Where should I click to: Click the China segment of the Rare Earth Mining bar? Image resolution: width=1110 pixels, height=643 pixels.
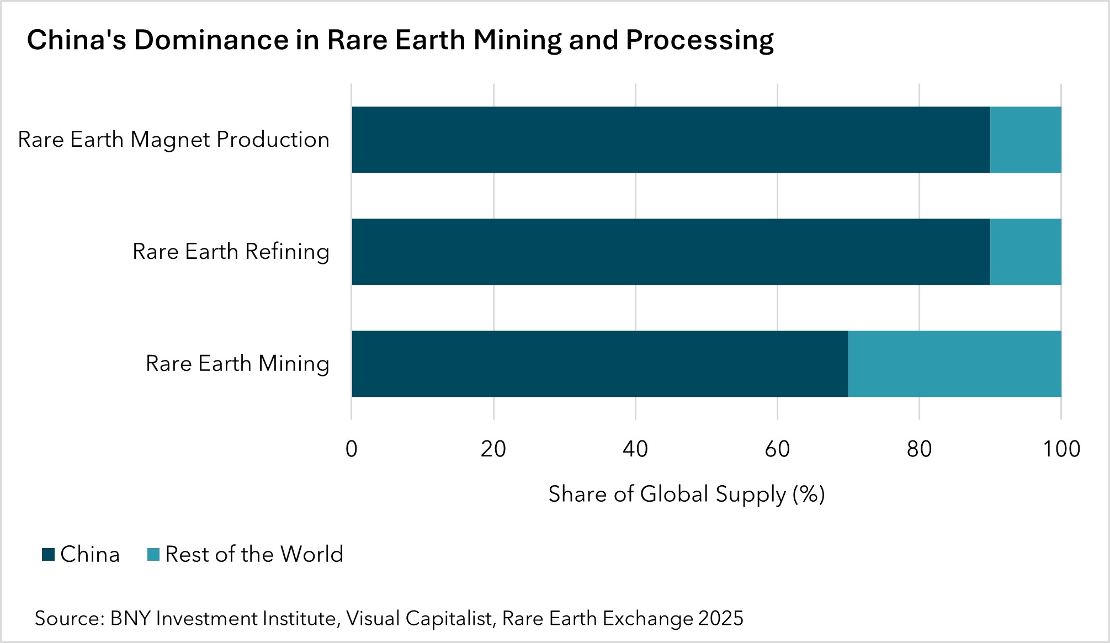click(599, 364)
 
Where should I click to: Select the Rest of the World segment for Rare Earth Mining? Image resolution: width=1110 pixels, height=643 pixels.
click(954, 364)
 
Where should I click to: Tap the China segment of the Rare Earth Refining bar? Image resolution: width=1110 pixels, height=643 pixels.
click(671, 252)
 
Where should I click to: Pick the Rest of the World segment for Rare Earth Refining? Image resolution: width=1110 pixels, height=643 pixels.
click(1025, 252)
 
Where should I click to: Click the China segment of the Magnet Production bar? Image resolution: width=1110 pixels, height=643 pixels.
click(671, 140)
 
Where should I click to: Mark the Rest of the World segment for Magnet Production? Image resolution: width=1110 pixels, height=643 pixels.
click(1025, 140)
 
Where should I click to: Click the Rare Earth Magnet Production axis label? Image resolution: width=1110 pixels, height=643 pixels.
click(173, 140)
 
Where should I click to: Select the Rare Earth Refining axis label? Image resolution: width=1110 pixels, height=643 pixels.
click(231, 252)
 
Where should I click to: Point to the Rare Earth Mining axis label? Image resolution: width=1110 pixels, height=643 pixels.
click(237, 364)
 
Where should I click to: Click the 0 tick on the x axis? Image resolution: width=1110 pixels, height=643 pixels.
click(352, 449)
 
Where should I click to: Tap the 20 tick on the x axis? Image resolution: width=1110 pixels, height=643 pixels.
click(493, 449)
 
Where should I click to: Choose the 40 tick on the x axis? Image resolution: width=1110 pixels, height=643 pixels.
click(635, 449)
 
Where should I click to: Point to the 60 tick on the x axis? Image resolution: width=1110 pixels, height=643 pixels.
click(777, 449)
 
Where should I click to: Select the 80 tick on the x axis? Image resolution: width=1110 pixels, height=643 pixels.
click(919, 449)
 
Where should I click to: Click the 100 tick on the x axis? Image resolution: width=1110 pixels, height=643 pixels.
click(1061, 449)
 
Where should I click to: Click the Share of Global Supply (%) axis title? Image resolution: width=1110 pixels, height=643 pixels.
click(686, 494)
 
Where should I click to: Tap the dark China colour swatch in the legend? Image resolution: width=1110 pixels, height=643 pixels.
click(49, 554)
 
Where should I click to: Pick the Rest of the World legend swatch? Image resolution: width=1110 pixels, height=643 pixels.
click(153, 554)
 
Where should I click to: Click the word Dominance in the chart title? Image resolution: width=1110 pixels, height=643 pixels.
click(211, 40)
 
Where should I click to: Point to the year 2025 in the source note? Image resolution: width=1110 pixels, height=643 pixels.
click(720, 619)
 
